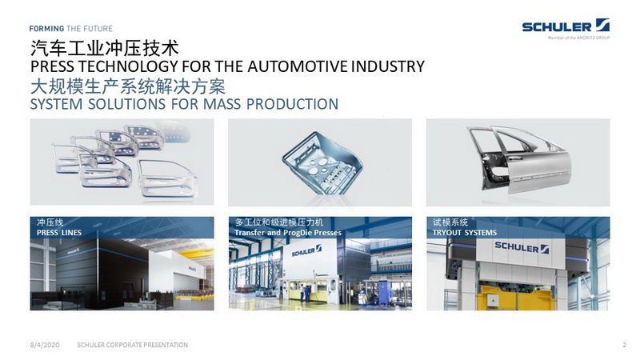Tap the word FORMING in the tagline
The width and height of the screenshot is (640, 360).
[46, 29]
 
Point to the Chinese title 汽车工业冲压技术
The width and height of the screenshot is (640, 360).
[105, 48]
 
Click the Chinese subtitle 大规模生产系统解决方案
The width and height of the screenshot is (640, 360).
[128, 86]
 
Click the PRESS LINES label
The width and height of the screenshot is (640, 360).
[59, 233]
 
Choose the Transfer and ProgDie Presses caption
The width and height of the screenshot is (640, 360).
[288, 233]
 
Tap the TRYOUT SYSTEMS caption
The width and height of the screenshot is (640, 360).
[465, 233]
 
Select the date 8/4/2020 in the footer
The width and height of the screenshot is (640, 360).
[45, 345]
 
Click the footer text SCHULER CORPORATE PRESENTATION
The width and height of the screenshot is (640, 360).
[133, 345]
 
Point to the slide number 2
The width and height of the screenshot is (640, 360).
[624, 345]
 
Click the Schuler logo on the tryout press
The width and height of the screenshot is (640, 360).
[522, 247]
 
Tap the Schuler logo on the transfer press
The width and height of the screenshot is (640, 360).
[306, 251]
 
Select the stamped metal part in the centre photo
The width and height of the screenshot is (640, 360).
[322, 163]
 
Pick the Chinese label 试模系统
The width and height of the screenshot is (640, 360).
[450, 222]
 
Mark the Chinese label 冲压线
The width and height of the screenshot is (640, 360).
[50, 222]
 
